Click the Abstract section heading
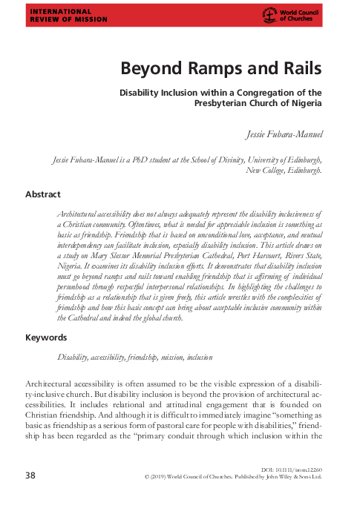[x=43, y=194]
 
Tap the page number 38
[x=30, y=475]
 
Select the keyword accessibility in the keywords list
[x=111, y=357]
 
